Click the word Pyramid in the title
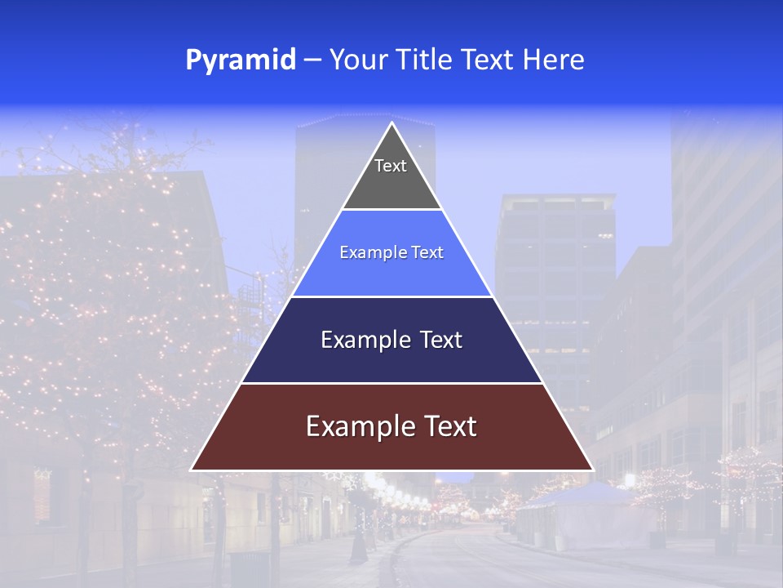[x=240, y=60]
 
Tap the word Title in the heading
[x=428, y=60]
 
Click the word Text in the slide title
[x=489, y=60]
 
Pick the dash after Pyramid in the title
[x=312, y=61]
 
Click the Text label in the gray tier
[x=391, y=166]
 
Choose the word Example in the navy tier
[x=363, y=340]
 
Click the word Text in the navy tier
[x=442, y=340]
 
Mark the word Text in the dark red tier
[x=449, y=426]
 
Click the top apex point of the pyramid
[x=391, y=123]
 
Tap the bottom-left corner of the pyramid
[x=192, y=470]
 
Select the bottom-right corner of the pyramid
[x=591, y=470]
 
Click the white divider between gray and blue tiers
[x=391, y=210]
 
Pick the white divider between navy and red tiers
[x=391, y=383]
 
